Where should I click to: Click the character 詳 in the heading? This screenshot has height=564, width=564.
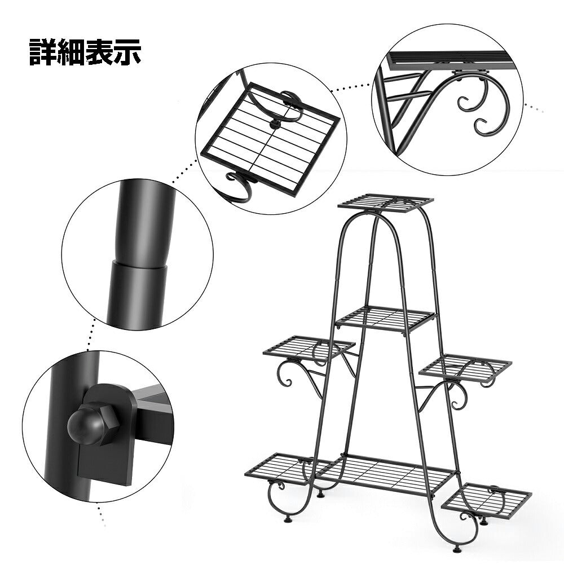tap(43, 52)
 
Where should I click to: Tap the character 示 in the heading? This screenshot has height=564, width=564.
tap(127, 52)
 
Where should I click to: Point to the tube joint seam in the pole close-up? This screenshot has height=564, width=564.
tap(139, 263)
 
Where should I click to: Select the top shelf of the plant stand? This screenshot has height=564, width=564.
tap(386, 203)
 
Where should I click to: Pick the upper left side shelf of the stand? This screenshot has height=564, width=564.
tap(309, 348)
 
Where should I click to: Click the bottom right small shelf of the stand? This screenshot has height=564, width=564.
tap(486, 498)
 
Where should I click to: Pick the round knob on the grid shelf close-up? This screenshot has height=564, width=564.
tap(275, 125)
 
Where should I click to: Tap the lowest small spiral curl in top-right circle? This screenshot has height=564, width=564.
tap(484, 126)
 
